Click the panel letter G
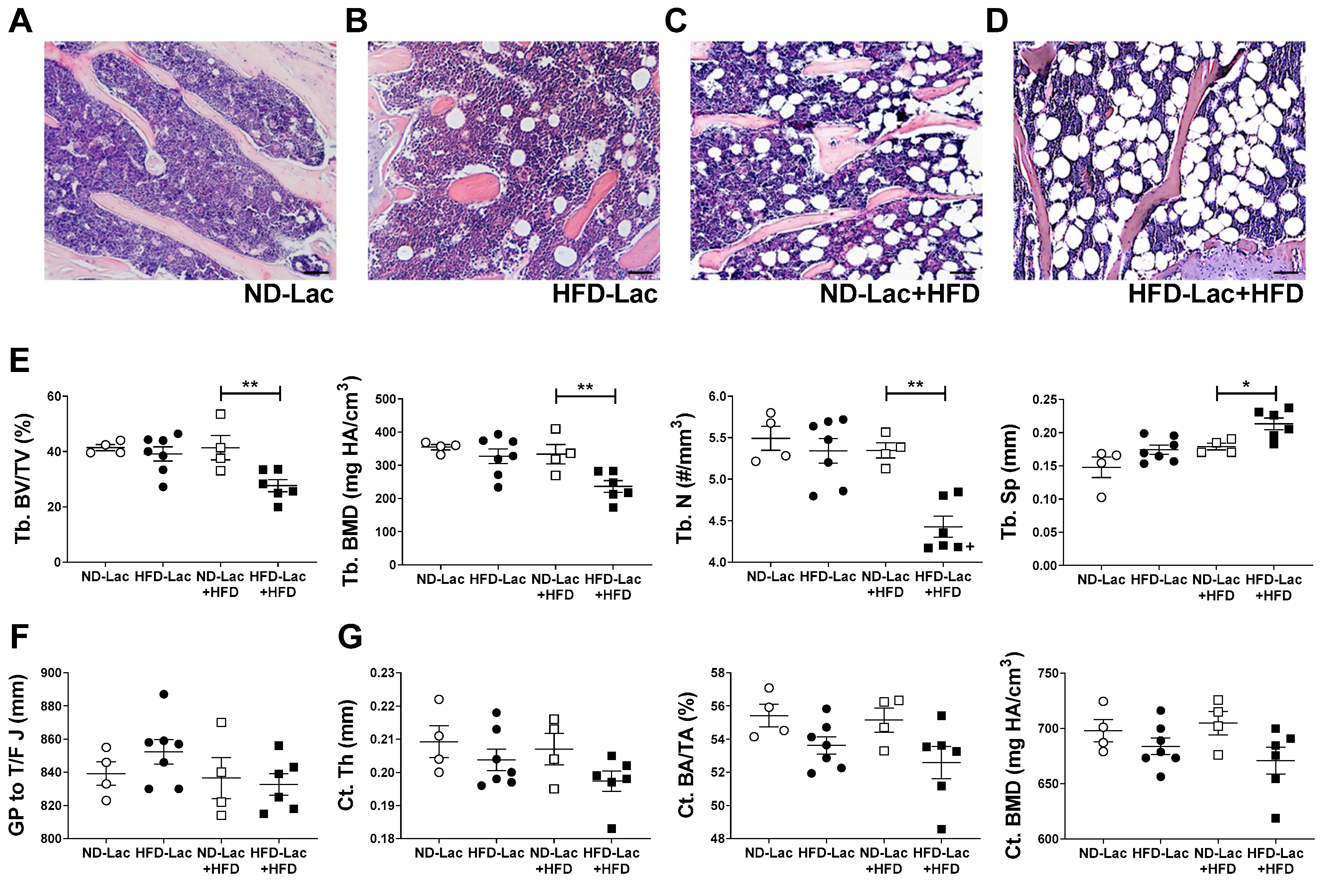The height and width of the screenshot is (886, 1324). (x=350, y=637)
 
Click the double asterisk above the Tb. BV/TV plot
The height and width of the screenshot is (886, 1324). (x=250, y=386)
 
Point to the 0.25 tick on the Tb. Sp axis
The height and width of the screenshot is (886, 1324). (x=1045, y=400)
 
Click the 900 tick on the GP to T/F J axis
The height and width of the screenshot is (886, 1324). (x=51, y=673)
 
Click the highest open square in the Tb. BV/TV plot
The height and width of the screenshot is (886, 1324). (x=220, y=414)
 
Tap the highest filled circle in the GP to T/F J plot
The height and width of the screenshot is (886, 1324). (x=164, y=694)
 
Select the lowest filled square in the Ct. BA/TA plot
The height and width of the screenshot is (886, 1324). (x=941, y=829)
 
